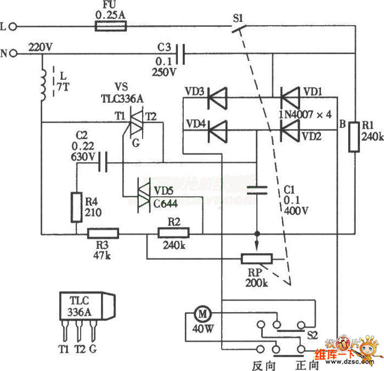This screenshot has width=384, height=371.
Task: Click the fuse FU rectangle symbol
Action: pyautogui.click(x=111, y=26)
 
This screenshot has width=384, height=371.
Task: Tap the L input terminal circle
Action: pyautogui.click(x=14, y=26)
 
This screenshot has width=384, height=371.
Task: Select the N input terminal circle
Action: pyautogui.click(x=14, y=53)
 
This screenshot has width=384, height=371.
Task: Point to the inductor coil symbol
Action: pyautogui.click(x=43, y=85)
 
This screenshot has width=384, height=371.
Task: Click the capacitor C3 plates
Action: pyautogui.click(x=183, y=53)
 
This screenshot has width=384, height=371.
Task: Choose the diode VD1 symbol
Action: pyautogui.click(x=290, y=98)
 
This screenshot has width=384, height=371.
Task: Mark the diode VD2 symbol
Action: pyautogui.click(x=290, y=131)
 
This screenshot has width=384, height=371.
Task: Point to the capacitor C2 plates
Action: pyautogui.click(x=102, y=163)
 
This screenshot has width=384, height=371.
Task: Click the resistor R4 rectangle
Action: pyautogui.click(x=77, y=208)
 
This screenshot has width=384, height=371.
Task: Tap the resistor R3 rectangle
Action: pyautogui.click(x=103, y=233)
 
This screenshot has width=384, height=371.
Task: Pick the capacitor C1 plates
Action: pyautogui.click(x=256, y=191)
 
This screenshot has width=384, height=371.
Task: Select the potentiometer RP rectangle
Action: pyautogui.click(x=256, y=259)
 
